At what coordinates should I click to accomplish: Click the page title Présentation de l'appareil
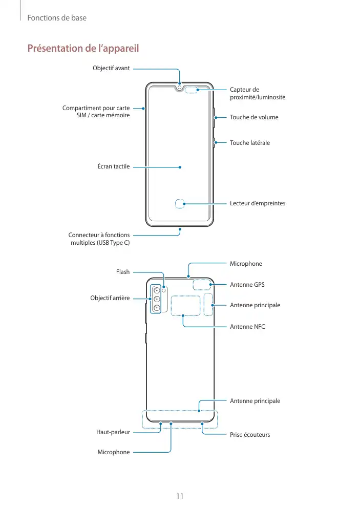pyautogui.click(x=83, y=49)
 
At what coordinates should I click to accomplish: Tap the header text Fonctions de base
pyautogui.click(x=57, y=18)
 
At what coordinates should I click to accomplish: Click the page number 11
pyautogui.click(x=180, y=496)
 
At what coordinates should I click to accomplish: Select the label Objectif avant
pyautogui.click(x=111, y=68)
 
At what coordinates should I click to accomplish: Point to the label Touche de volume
pyautogui.click(x=254, y=117)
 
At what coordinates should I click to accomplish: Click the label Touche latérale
pyautogui.click(x=250, y=143)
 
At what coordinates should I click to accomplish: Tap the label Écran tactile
pyautogui.click(x=114, y=166)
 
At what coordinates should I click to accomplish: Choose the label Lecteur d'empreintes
pyautogui.click(x=258, y=203)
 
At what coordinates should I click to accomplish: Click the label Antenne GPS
pyautogui.click(x=247, y=284)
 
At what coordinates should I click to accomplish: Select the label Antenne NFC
pyautogui.click(x=247, y=326)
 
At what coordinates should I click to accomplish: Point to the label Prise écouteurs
pyautogui.click(x=250, y=435)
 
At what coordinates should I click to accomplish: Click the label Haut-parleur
pyautogui.click(x=113, y=432)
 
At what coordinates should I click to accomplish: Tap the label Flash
pyautogui.click(x=123, y=272)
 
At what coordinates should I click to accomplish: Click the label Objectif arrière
pyautogui.click(x=110, y=298)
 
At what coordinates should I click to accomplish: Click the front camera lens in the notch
pyautogui.click(x=180, y=87)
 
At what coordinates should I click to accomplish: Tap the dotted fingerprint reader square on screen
pyautogui.click(x=180, y=204)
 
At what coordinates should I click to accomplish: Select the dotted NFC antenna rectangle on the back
pyautogui.click(x=185, y=305)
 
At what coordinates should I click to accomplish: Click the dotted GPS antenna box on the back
pyautogui.click(x=202, y=285)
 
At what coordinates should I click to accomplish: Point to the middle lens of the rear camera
pyautogui.click(x=156, y=299)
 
